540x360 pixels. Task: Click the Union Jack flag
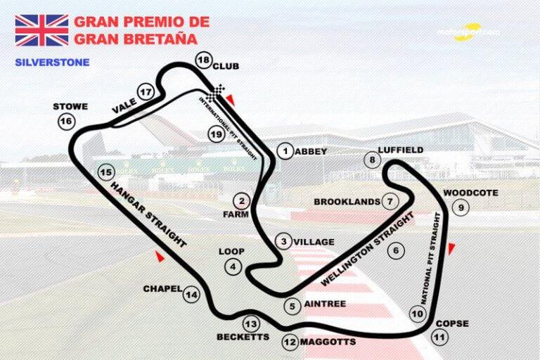pos(41,30)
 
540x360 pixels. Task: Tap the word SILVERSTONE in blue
pos(52,62)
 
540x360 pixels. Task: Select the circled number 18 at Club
pos(204,60)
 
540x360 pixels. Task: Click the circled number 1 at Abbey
pos(285,150)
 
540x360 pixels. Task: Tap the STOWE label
pos(70,107)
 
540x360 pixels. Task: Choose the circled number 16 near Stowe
pos(66,122)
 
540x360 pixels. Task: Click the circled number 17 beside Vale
pos(146,92)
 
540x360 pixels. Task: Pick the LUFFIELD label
pos(400,150)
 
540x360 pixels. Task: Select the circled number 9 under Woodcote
pos(461,207)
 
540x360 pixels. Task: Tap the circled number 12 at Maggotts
pos(290,342)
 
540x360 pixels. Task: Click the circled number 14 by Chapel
pos(191,295)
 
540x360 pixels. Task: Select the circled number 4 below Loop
pos(232,266)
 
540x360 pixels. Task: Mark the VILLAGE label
pos(314,241)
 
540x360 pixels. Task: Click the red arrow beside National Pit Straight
pos(452,248)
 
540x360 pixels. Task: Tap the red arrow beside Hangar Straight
pos(160,258)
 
